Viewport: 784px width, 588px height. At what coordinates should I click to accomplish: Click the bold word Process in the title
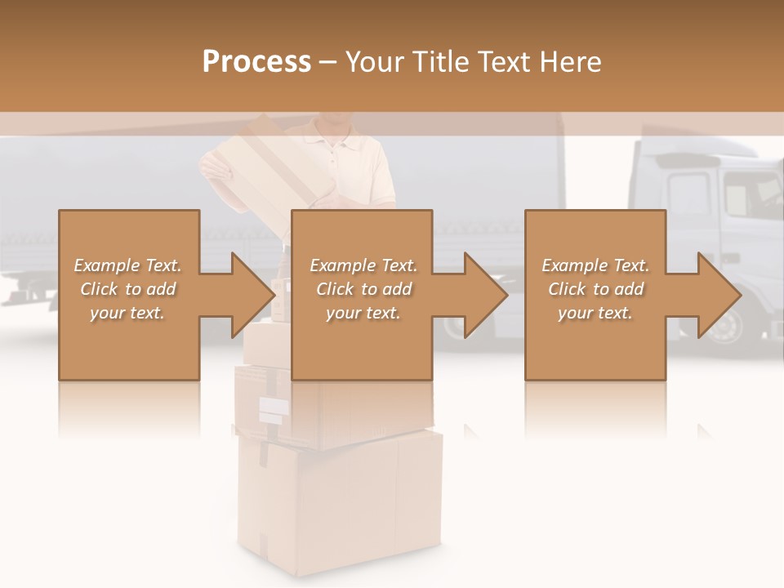[x=256, y=62]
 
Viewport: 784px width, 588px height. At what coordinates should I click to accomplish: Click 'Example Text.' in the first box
[x=127, y=265]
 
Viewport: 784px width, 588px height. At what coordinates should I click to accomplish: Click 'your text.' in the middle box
[x=363, y=313]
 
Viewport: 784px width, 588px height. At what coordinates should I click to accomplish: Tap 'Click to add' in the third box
[x=595, y=289]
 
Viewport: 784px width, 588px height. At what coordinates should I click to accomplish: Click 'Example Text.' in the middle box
[x=363, y=265]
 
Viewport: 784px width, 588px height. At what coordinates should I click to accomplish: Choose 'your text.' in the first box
[x=127, y=313]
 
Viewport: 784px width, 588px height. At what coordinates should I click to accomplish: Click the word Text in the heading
[x=500, y=62]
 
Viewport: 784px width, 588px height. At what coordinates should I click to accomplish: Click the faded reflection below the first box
[x=129, y=408]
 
